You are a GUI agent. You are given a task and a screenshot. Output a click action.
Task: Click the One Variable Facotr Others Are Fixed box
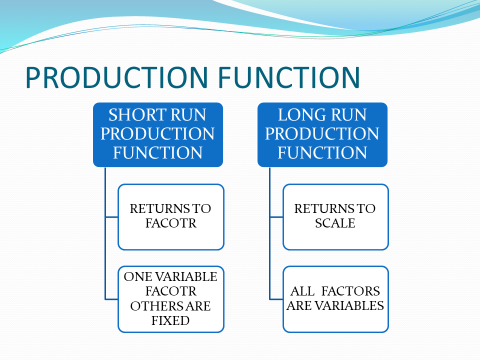click(164, 298)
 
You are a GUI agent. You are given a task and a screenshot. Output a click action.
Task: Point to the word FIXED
click(164, 322)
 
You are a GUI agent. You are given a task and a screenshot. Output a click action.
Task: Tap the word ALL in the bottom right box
click(299, 290)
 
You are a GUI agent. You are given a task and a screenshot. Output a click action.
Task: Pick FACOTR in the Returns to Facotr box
click(164, 225)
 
